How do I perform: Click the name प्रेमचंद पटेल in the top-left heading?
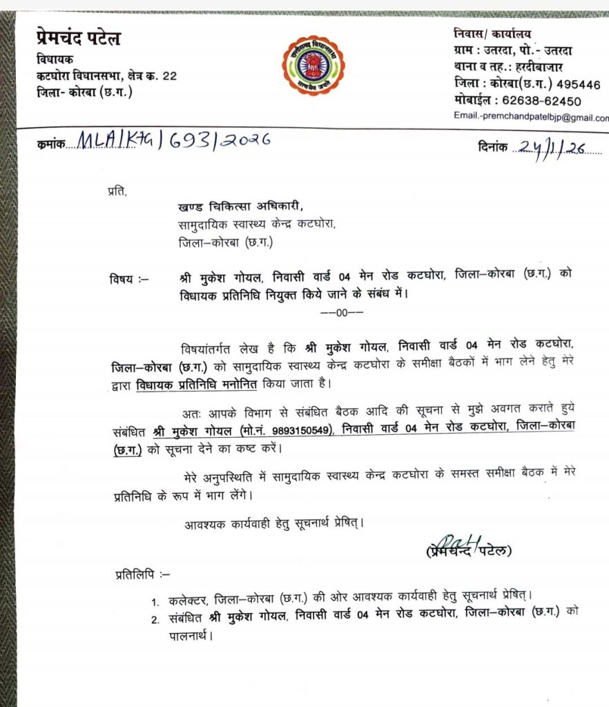[x=78, y=39]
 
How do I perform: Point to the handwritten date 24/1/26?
[x=552, y=148]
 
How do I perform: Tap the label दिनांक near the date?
[x=492, y=147]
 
